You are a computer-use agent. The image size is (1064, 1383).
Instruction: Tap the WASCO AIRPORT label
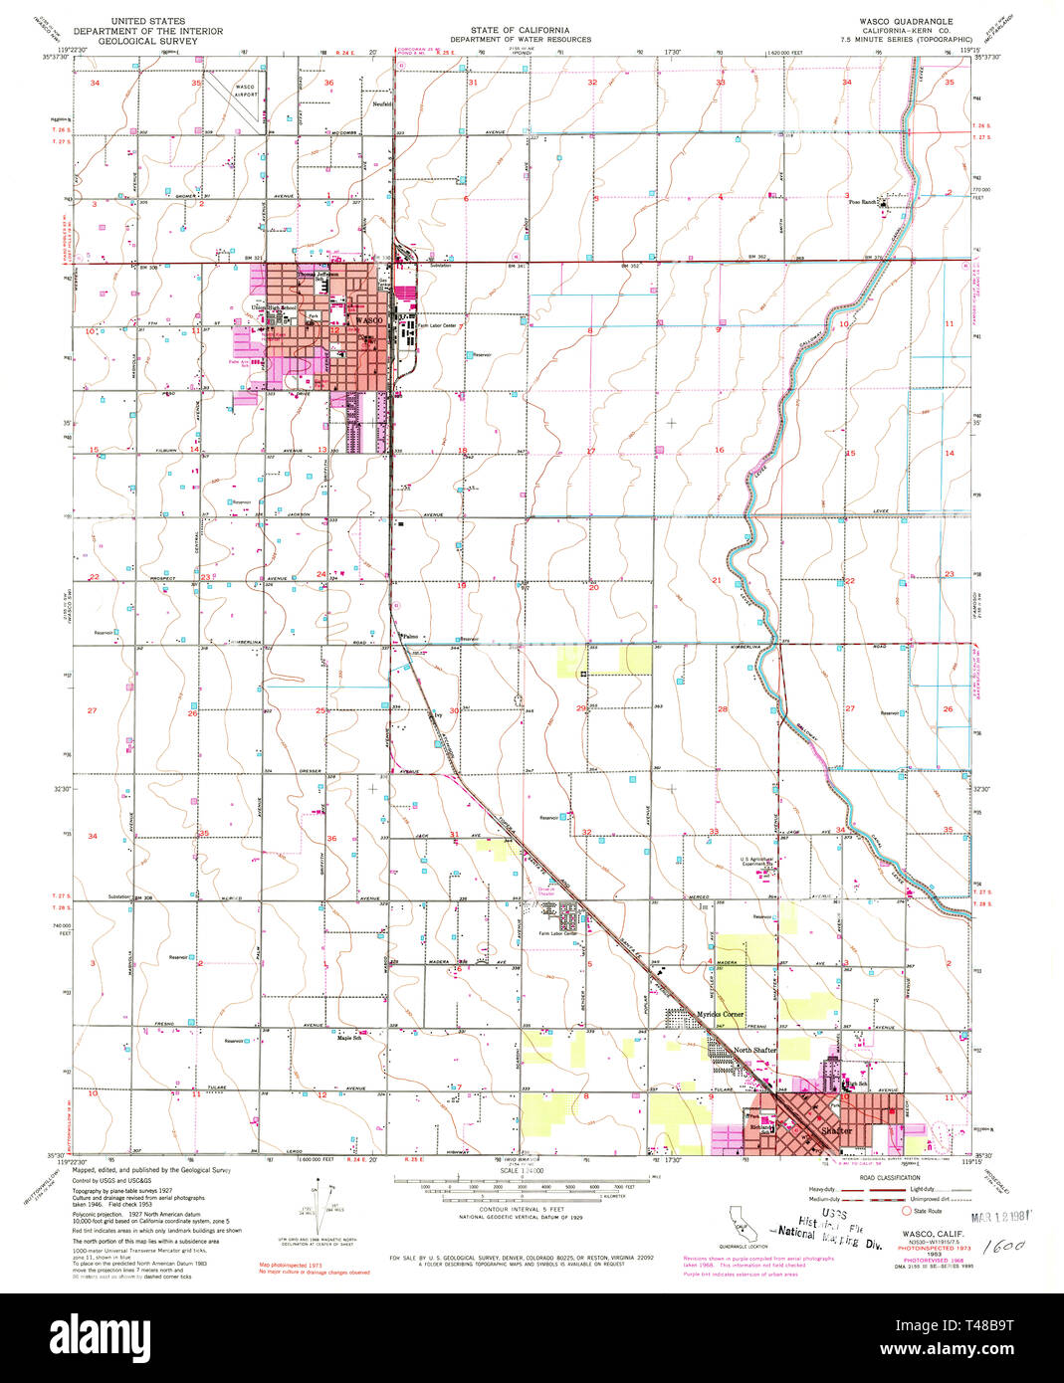coord(244,91)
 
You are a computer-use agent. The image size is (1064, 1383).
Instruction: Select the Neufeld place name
coord(381,103)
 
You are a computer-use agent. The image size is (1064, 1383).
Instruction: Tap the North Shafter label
coord(753,1051)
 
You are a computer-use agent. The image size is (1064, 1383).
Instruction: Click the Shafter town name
coord(837,1130)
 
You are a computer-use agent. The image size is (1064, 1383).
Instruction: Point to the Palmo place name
coord(409,635)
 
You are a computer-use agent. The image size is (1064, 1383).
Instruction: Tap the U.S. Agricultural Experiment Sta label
coord(762,862)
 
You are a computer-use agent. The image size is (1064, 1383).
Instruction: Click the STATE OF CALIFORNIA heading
coord(519,21)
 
